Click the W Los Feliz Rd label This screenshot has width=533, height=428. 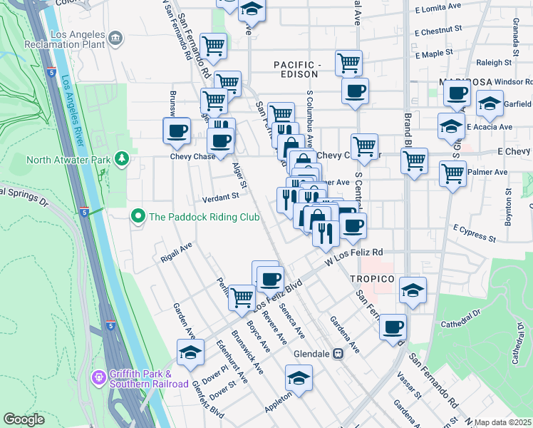point(355,253)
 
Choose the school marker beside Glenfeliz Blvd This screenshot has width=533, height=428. point(190,352)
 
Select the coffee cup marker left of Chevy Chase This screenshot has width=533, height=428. point(177,130)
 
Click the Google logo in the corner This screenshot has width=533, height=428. point(24,419)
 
